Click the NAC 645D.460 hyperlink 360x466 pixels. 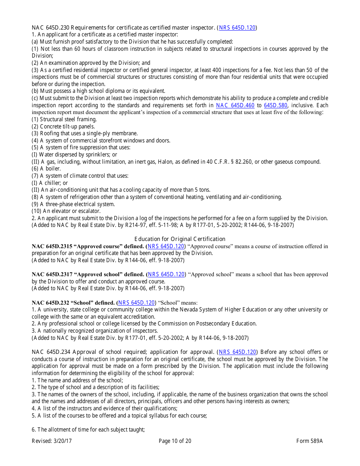235,105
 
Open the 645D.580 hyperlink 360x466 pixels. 275,105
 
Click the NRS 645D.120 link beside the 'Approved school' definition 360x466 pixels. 166,274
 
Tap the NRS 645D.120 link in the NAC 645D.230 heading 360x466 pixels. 238,28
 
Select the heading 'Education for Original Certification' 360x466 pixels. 180,239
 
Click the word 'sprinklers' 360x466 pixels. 95,155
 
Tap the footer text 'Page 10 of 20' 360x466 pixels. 175,441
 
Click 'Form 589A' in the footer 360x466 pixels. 309,441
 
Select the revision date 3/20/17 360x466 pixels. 62,441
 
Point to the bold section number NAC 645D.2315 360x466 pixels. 52,246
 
